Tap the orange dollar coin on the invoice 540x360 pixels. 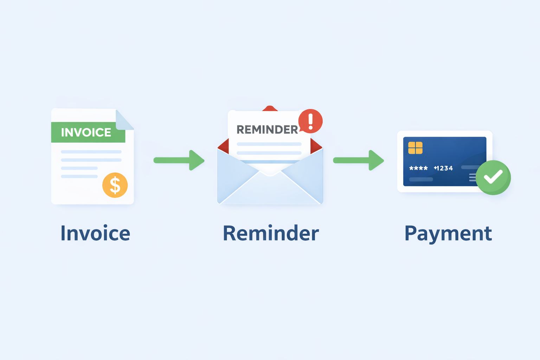pyautogui.click(x=115, y=185)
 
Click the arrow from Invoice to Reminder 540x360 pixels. pyautogui.click(x=179, y=160)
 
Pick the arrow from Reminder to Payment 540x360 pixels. pyautogui.click(x=359, y=160)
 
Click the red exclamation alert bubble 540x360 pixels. pyautogui.click(x=310, y=121)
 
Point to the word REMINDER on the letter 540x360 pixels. pyautogui.click(x=267, y=129)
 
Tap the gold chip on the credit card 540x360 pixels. pyautogui.click(x=415, y=148)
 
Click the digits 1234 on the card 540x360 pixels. pyautogui.click(x=444, y=168)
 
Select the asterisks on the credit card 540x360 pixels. pyautogui.click(x=418, y=168)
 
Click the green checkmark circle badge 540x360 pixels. pyautogui.click(x=493, y=177)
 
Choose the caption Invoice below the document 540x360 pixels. pyautogui.click(x=95, y=233)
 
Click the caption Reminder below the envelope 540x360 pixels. pyautogui.click(x=271, y=233)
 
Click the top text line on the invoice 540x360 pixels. pyautogui.click(x=91, y=152)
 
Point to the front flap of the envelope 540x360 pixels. pyautogui.click(x=270, y=190)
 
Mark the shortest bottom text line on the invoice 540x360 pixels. pyautogui.click(x=79, y=176)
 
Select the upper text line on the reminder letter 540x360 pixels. pyautogui.click(x=269, y=144)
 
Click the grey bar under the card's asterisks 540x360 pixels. pyautogui.click(x=421, y=179)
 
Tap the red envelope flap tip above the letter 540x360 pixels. pyautogui.click(x=269, y=108)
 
